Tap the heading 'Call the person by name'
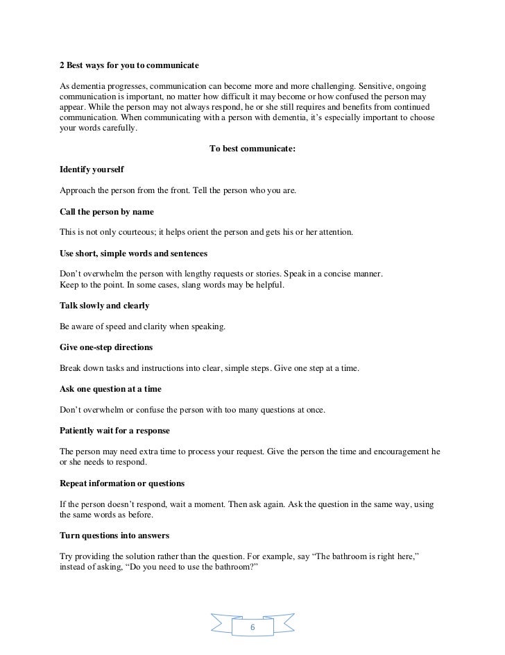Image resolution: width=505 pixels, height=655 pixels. coord(107,211)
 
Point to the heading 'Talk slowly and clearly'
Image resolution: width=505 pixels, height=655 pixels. coord(105,306)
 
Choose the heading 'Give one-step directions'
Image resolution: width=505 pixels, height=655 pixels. coord(106,347)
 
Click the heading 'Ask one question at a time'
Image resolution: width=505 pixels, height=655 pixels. coord(112,389)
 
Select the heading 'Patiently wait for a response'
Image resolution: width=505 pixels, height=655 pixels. coord(114,431)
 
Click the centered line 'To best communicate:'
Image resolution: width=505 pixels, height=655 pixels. coord(252,147)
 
